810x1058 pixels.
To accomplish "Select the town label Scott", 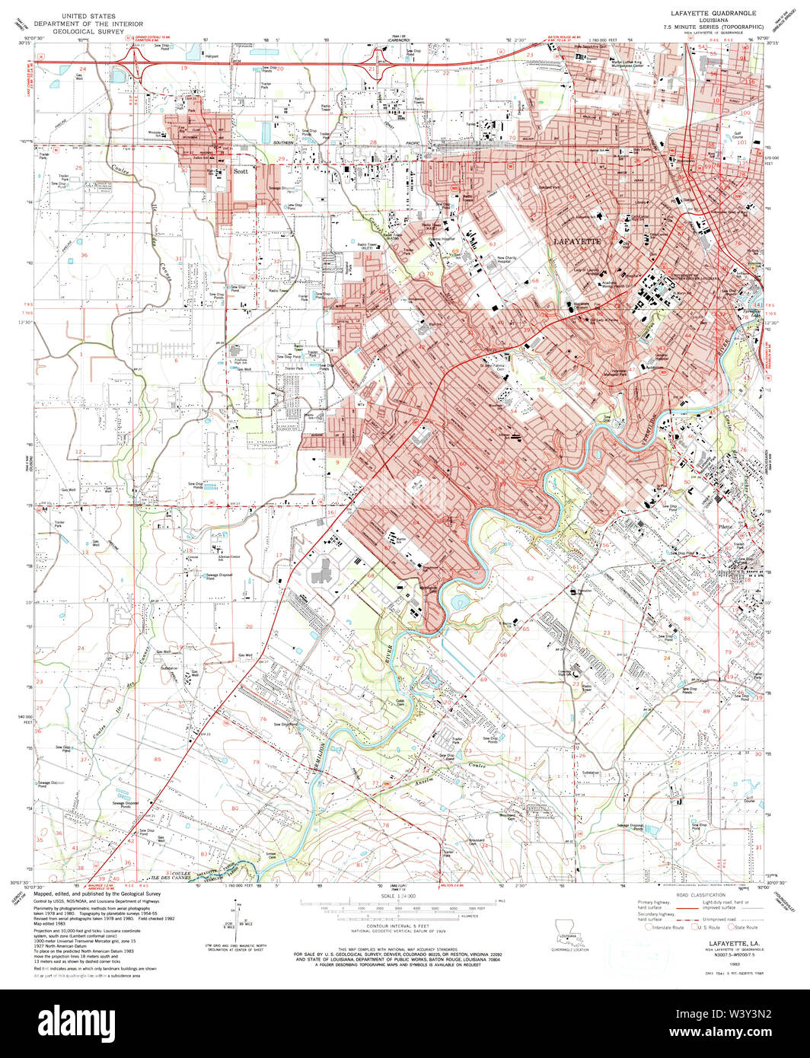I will tap(241, 172).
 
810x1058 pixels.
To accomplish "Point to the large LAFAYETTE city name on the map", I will tap(576, 241).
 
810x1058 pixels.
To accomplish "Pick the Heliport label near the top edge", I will tap(210, 56).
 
